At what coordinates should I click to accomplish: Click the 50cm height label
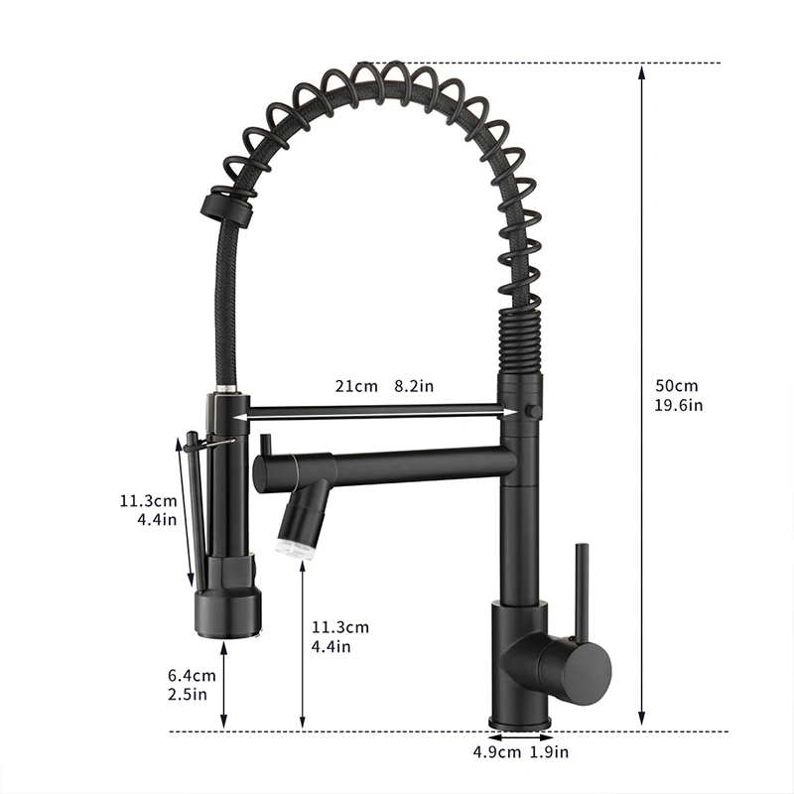click(x=677, y=386)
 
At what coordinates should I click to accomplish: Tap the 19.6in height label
click(x=679, y=405)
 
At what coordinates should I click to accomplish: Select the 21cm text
click(x=355, y=386)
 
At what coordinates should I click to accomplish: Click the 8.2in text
click(x=414, y=386)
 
